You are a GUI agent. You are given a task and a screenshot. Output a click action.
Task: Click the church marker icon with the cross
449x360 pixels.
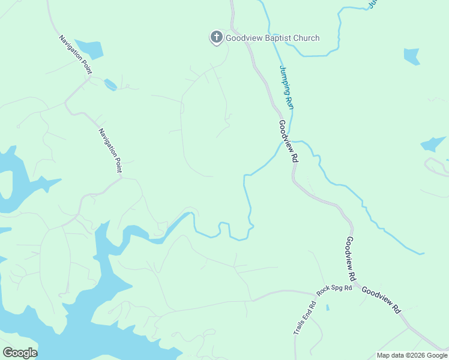click(x=216, y=37)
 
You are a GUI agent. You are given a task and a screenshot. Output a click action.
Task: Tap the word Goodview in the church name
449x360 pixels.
click(x=242, y=38)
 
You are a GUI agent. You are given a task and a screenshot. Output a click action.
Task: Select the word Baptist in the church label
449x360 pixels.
click(x=276, y=38)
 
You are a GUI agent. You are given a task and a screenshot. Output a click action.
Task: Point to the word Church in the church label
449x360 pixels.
click(x=306, y=38)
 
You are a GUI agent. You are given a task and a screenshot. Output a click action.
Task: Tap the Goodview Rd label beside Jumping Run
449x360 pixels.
click(x=289, y=142)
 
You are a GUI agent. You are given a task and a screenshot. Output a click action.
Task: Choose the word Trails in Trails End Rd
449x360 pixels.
click(x=298, y=326)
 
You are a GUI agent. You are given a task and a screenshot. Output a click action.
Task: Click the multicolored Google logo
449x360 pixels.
click(x=20, y=352)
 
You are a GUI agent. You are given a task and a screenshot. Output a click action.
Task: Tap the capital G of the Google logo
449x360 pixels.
click(x=7, y=352)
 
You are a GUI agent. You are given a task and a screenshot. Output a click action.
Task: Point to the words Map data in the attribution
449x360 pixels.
click(x=391, y=355)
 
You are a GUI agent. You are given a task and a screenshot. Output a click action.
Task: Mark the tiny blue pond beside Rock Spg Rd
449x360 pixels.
click(x=328, y=308)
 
